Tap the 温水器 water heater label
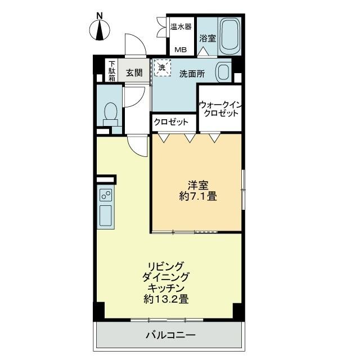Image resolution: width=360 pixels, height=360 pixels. pos(181,26)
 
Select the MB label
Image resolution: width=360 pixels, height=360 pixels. pos(181,49)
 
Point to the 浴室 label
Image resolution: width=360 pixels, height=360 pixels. pos(208,39)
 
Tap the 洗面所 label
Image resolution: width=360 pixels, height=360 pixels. pos(191,74)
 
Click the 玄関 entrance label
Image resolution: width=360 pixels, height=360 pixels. pos(134,73)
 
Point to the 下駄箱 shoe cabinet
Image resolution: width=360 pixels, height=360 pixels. pos(112,71)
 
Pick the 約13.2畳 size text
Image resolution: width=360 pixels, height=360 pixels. pos(166,300)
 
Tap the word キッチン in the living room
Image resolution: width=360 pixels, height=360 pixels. pos(166,288)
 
